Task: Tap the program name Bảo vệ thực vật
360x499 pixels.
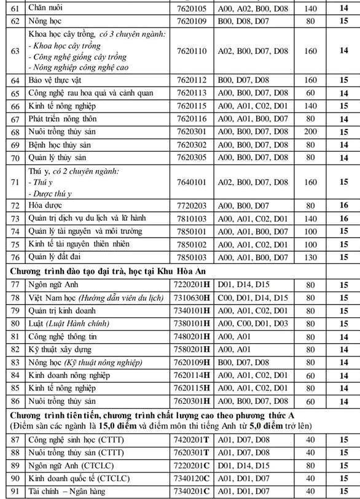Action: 55,80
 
